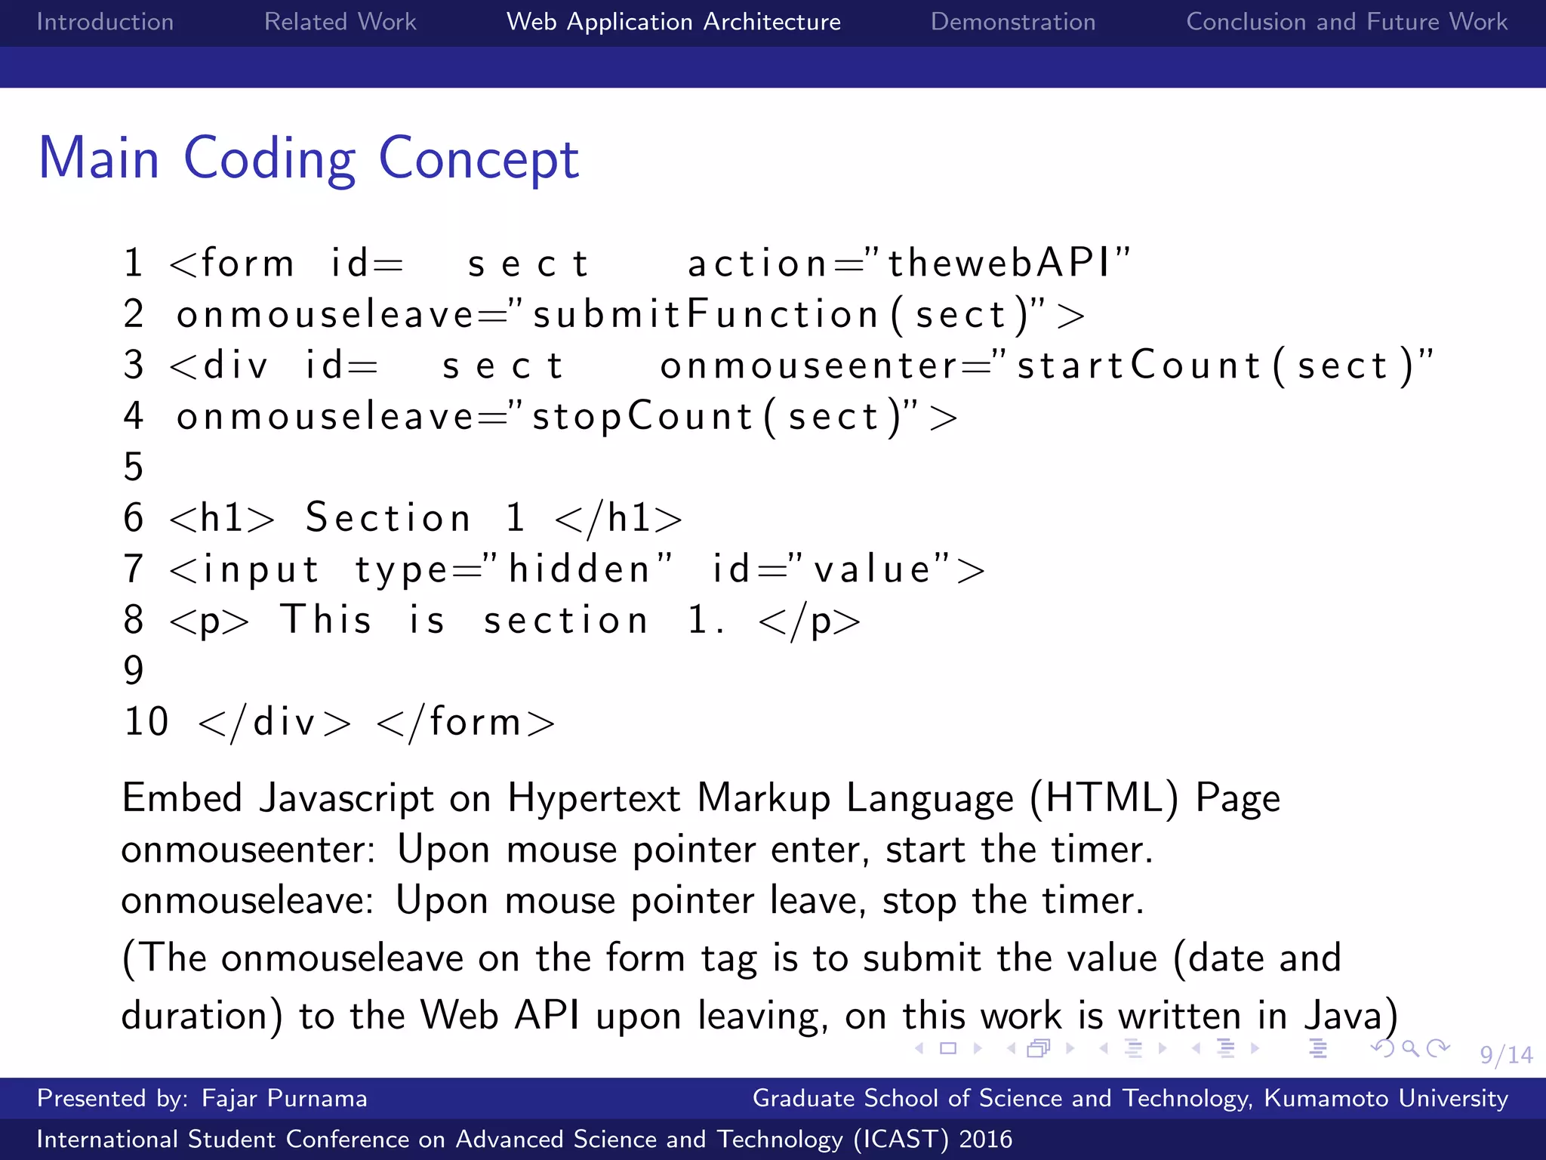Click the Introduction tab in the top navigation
click(x=105, y=22)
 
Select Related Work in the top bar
click(x=340, y=22)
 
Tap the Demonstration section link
click(x=1012, y=22)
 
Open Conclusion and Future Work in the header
click(x=1347, y=22)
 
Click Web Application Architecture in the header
click(x=673, y=22)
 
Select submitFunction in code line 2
click(x=705, y=315)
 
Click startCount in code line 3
click(x=1139, y=366)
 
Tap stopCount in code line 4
click(x=642, y=417)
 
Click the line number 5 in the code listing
click(x=134, y=467)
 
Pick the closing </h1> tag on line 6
click(x=618, y=519)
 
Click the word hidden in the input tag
click(x=580, y=569)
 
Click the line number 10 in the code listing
click(x=146, y=722)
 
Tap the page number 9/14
click(x=1505, y=1055)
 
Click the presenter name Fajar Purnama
click(x=284, y=1098)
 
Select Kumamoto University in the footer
click(x=1386, y=1098)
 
